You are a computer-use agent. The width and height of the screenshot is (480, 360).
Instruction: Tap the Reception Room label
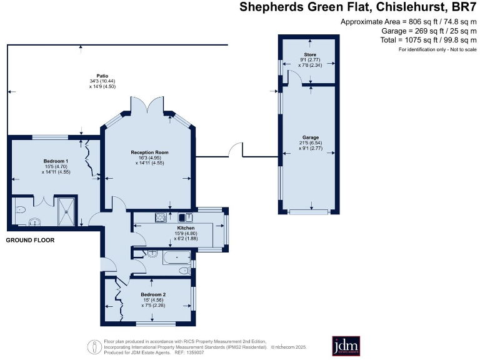[149, 152]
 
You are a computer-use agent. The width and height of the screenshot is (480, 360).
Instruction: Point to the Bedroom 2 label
[153, 294]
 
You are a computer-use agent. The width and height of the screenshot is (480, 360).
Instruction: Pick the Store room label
[311, 55]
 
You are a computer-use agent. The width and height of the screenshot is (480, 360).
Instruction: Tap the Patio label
[94, 76]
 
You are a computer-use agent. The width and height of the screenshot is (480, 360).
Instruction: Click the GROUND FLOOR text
[30, 240]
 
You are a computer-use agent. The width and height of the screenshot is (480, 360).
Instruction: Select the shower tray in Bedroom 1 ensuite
[66, 210]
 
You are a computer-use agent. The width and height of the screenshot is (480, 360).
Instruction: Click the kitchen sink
[186, 217]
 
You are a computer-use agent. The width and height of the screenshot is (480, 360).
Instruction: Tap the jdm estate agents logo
[344, 345]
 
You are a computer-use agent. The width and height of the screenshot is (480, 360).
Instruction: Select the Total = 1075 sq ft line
[428, 40]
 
